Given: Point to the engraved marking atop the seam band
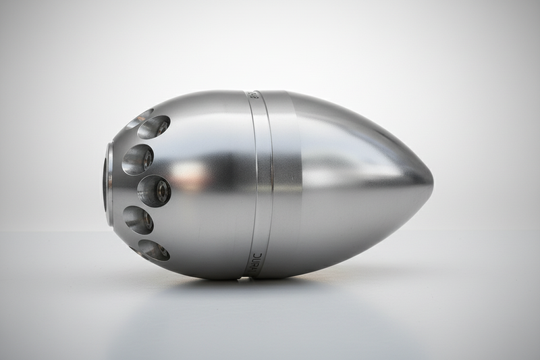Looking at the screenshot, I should click(252, 95).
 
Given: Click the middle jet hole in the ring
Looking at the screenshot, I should click(154, 190).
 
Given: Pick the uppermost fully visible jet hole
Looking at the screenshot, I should click(155, 126).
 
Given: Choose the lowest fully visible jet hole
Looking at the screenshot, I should click(154, 249).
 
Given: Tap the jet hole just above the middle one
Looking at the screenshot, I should click(138, 158).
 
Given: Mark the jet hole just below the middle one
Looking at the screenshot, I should click(138, 220).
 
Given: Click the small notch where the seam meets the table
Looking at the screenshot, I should click(250, 276).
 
